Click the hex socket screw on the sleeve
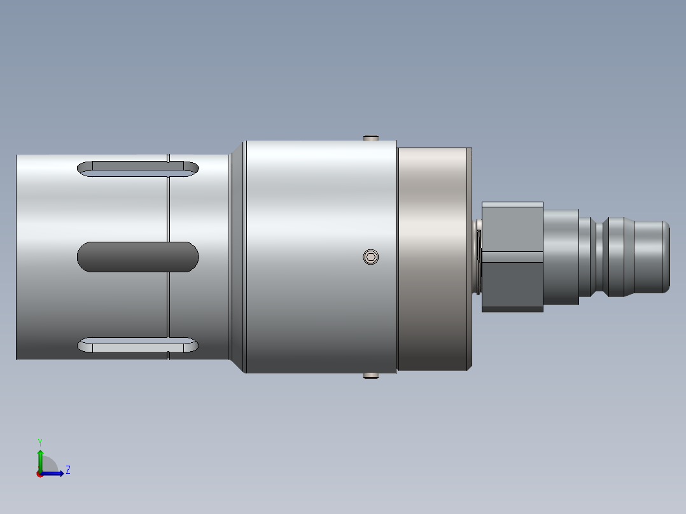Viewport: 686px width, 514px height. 370,257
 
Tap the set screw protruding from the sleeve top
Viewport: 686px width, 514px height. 370,138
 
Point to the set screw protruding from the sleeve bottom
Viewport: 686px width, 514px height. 370,376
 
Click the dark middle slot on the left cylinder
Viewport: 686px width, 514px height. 138,257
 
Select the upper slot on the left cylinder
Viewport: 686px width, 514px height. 138,169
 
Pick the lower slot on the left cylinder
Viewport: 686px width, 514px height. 138,345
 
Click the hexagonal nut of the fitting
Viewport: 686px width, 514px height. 512,257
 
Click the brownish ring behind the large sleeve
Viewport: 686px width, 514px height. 433,259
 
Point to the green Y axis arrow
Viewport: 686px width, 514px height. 40,461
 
